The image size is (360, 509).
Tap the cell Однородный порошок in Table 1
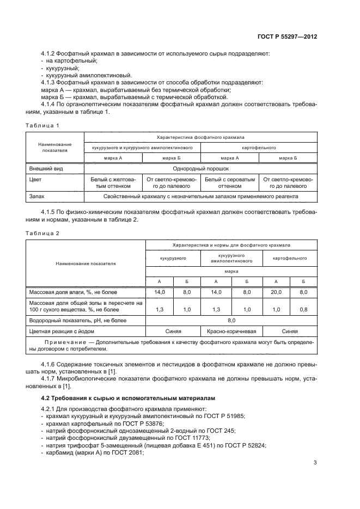(200, 169)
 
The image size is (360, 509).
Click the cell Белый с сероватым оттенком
(229, 182)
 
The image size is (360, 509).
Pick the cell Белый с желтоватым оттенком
(113, 182)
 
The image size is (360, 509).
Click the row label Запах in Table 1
(36, 195)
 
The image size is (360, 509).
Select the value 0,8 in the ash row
(303, 309)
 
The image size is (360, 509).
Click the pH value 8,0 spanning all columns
(231, 321)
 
